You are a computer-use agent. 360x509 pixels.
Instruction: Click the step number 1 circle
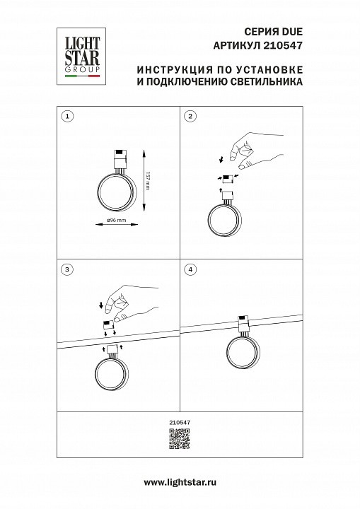(x=66, y=115)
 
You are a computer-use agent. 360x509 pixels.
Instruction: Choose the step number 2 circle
(x=190, y=115)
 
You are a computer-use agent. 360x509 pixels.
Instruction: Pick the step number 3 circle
(x=66, y=269)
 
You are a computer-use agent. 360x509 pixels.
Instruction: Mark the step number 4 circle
(x=190, y=269)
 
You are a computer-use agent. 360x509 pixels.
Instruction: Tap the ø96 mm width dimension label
(x=115, y=221)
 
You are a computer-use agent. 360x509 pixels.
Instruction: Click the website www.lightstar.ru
(x=180, y=482)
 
